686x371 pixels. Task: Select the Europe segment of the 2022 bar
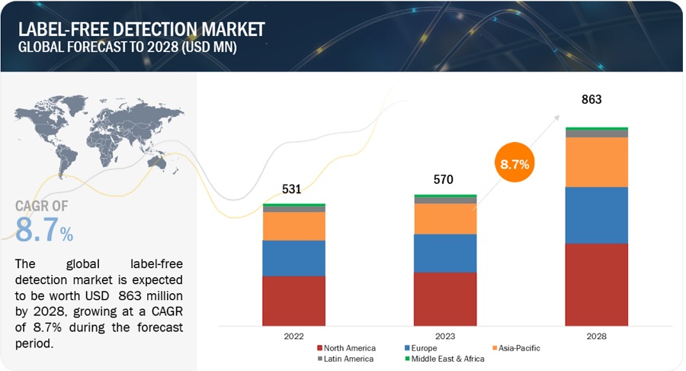click(293, 258)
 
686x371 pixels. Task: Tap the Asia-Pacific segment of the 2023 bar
click(445, 219)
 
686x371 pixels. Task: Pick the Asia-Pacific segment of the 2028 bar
click(597, 162)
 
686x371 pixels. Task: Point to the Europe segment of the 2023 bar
click(445, 253)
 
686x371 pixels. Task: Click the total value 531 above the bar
click(293, 189)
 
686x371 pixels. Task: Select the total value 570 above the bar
click(444, 180)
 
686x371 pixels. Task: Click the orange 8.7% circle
click(515, 163)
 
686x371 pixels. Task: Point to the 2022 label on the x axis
click(293, 336)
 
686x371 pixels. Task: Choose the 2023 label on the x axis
click(445, 336)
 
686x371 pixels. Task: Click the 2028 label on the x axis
click(597, 336)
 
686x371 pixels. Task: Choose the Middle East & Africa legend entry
click(445, 359)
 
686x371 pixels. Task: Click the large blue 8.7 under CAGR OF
click(37, 229)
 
